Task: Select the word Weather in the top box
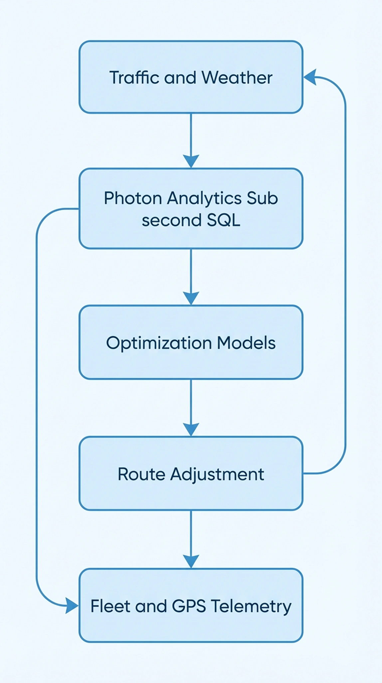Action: coord(237,77)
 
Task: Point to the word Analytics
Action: coord(204,198)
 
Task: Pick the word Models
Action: coord(246,342)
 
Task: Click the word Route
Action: coord(141,474)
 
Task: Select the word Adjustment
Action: coord(217,474)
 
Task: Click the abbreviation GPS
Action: coord(189,606)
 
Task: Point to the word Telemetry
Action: coord(251,607)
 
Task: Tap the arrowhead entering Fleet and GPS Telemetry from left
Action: coord(72,606)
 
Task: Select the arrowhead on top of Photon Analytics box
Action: coord(191,161)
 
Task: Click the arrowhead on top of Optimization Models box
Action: coord(191,298)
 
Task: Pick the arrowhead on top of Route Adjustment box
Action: coord(191,429)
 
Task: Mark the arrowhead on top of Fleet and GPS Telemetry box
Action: coord(191,561)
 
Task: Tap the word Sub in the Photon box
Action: coord(262,198)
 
